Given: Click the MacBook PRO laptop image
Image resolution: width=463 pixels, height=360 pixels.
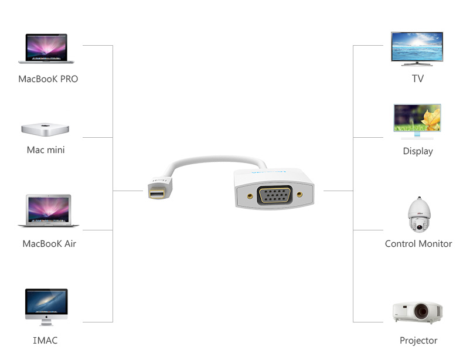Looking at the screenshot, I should pos(46,48).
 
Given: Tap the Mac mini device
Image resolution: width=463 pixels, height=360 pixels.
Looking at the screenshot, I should pos(46,128).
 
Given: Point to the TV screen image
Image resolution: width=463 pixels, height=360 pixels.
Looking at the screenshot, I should pos(417,48).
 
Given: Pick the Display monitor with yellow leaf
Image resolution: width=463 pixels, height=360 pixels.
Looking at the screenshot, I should pos(417,121).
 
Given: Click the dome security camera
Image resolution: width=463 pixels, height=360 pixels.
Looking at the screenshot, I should pos(418,215).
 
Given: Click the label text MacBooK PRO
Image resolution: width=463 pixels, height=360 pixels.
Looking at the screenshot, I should pos(48,79).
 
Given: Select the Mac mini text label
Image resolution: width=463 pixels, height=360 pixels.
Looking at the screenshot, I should pos(46,150).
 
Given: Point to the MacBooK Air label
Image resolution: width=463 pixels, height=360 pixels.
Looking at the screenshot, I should pos(49,244).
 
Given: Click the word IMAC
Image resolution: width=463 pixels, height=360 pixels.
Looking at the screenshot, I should pos(45,340).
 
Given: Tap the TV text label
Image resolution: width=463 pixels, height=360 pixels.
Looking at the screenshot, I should pos(418,79).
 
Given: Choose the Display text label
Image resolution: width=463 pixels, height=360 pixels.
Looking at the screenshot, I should pos(418,151).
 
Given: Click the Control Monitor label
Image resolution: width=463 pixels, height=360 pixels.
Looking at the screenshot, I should pos(418,244).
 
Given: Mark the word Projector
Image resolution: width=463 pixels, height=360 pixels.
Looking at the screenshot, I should pos(418,341).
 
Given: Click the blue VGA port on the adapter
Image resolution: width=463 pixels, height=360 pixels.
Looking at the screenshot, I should pos(275,195).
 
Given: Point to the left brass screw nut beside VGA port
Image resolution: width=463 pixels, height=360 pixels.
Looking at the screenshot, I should pos(250,195).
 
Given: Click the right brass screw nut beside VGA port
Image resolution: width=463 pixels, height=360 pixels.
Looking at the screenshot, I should pos(300,194).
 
